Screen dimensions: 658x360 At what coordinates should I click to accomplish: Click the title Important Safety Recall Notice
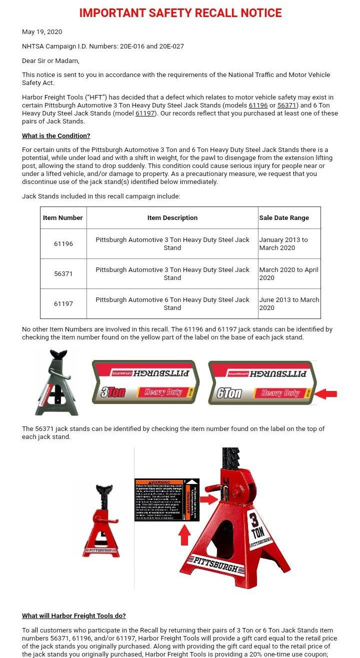click(180, 13)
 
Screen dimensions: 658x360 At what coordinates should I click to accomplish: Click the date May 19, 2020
click(42, 32)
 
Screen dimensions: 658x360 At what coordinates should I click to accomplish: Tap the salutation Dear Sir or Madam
click(50, 61)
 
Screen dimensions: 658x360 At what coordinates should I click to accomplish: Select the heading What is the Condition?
click(56, 136)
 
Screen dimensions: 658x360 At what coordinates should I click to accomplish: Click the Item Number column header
click(63, 218)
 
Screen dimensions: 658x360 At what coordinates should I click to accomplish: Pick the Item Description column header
click(172, 218)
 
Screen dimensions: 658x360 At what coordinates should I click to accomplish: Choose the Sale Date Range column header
click(284, 218)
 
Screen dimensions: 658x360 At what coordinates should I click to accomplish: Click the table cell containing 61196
click(63, 244)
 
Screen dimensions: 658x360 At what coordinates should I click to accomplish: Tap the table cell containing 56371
click(63, 274)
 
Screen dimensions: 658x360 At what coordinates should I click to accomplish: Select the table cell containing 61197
click(63, 304)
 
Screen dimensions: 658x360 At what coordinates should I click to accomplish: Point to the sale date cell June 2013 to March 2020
click(289, 304)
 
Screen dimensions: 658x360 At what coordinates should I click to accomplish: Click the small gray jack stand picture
click(57, 383)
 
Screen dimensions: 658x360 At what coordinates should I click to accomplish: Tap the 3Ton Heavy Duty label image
click(145, 382)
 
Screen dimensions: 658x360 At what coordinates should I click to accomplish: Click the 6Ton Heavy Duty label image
click(262, 382)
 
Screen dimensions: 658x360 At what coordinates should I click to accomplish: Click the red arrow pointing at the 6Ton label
click(326, 394)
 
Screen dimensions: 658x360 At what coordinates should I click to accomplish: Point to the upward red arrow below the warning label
click(184, 535)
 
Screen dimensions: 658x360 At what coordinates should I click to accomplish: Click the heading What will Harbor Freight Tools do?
click(74, 616)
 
